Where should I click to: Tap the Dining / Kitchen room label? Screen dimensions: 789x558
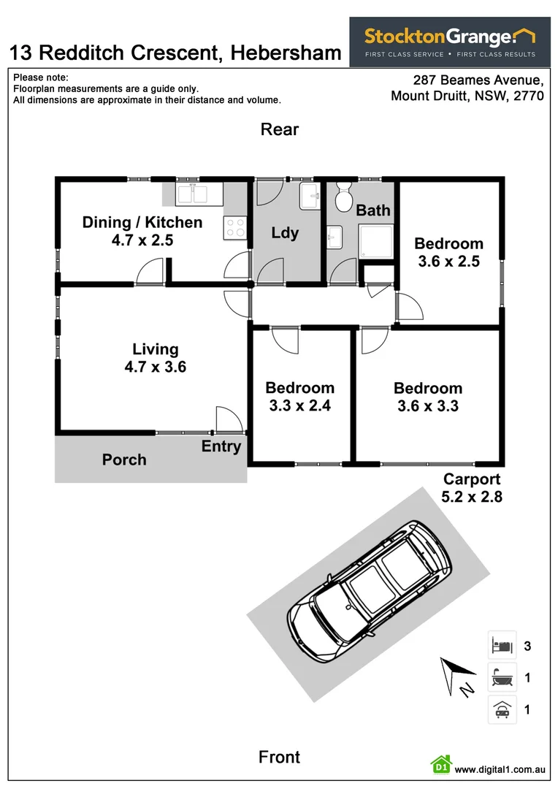click(x=142, y=231)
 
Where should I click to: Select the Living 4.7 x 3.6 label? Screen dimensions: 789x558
click(x=155, y=358)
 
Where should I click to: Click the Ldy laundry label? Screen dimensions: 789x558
click(x=285, y=233)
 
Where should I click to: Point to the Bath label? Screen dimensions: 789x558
click(x=373, y=210)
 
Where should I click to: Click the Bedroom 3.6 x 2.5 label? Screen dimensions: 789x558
click(x=448, y=252)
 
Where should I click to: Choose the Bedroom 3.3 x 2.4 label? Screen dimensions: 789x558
click(x=299, y=397)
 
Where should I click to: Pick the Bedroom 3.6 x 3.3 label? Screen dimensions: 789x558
click(x=428, y=397)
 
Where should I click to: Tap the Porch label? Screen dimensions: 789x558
click(x=124, y=460)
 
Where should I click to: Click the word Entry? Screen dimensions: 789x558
click(x=221, y=446)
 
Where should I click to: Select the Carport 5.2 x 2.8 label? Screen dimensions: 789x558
click(x=472, y=488)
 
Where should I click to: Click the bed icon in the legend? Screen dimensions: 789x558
click(x=502, y=646)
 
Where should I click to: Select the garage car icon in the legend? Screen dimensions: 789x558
click(x=502, y=709)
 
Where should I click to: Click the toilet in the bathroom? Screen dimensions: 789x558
click(x=343, y=197)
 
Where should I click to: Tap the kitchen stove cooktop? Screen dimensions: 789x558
click(x=235, y=227)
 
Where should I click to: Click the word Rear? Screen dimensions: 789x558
click(x=280, y=129)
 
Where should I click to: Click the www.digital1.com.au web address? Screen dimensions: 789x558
click(x=500, y=769)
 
